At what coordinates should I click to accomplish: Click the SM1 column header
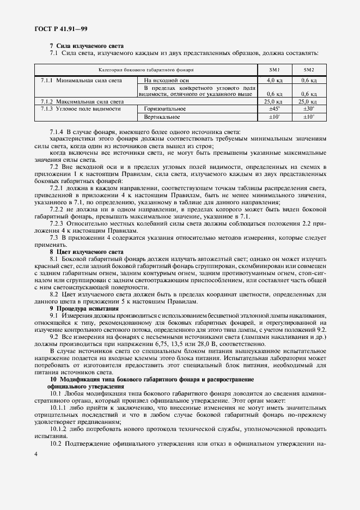coord(274,70)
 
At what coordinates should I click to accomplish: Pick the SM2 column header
coord(309,70)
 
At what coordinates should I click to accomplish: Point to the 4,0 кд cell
coord(273,80)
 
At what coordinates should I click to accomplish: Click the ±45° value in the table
coord(274,109)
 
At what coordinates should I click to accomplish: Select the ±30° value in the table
coord(309,109)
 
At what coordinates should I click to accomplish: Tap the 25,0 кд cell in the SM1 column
coord(273,102)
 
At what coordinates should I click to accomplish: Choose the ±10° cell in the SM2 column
coord(309,117)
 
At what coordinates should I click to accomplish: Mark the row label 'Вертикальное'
coord(162,117)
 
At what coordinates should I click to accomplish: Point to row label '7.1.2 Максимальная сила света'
coord(83,102)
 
